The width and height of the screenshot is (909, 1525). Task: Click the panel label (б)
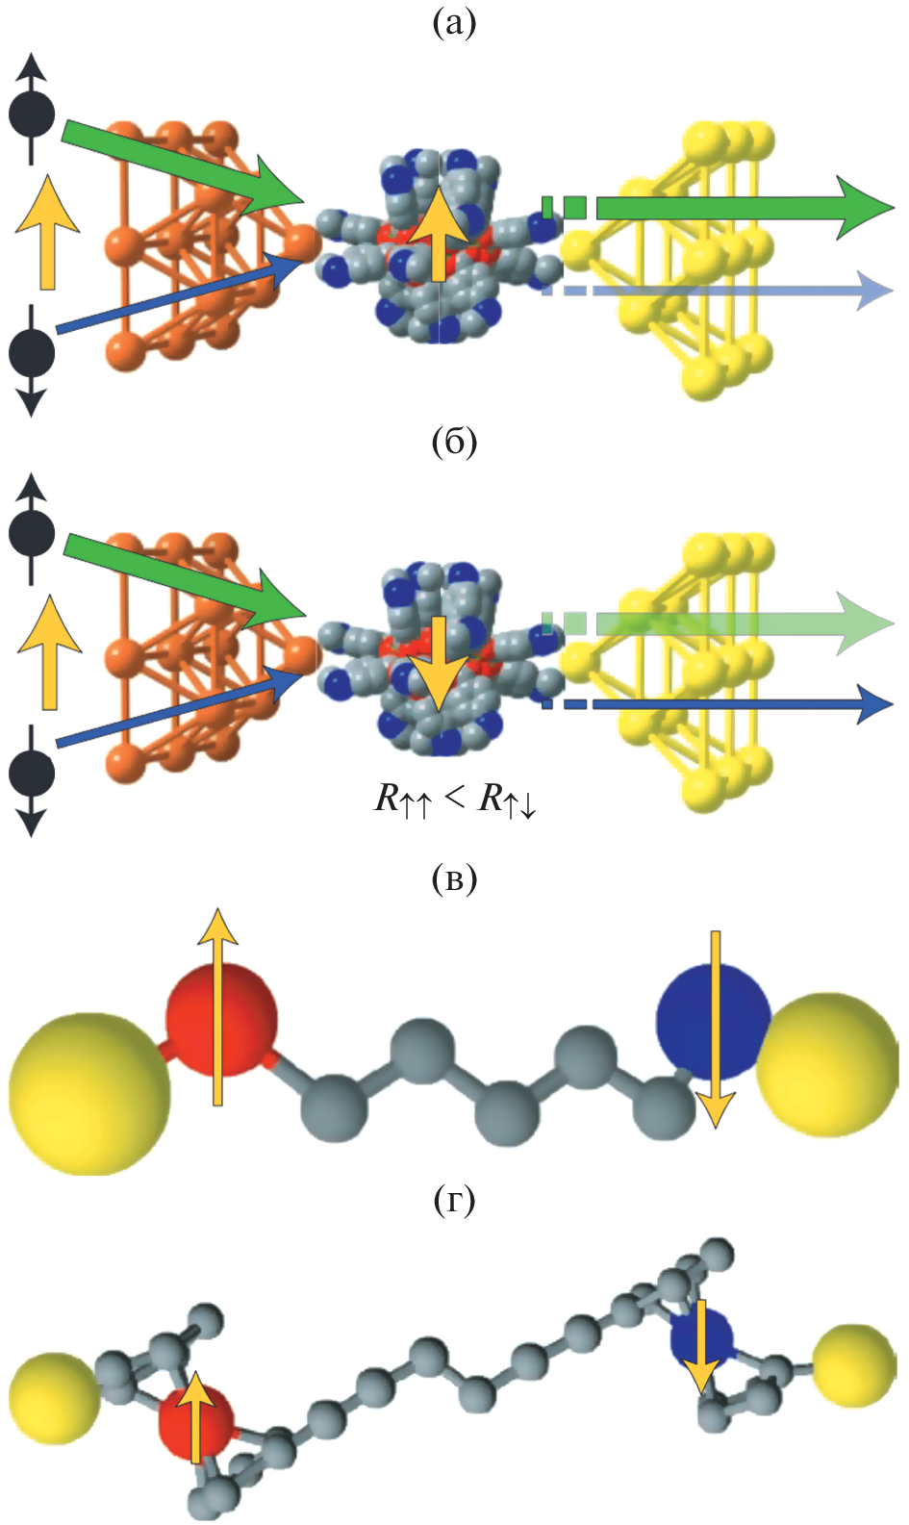[454, 442]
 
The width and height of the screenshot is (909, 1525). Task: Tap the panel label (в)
[454, 878]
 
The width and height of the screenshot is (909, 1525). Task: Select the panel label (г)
[454, 1200]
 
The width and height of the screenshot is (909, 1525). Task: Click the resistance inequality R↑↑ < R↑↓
[455, 799]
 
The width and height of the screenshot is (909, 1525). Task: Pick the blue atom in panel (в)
[712, 1020]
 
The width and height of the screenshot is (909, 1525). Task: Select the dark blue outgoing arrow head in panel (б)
[873, 704]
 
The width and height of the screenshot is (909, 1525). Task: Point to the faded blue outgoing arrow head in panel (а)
[873, 290]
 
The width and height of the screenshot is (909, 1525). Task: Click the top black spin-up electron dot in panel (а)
[32, 114]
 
